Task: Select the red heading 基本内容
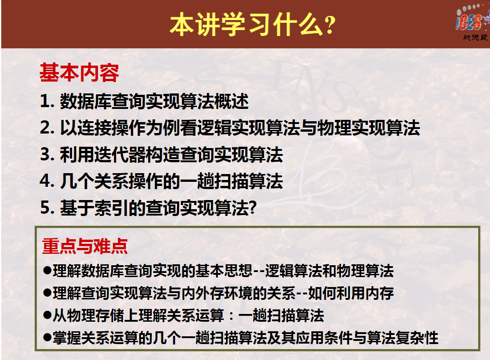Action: tap(79, 72)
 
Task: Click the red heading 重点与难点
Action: tap(85, 246)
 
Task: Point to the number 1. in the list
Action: tap(47, 101)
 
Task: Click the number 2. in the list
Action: tap(47, 128)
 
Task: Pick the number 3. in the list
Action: tap(47, 154)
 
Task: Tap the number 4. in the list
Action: tap(47, 181)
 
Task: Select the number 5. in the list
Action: tap(47, 207)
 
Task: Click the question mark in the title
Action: tap(330, 26)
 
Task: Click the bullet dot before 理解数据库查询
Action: tap(47, 270)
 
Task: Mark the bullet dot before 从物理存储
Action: tap(47, 315)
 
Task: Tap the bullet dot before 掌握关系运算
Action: tap(47, 338)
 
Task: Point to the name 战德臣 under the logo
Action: tap(475, 37)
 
